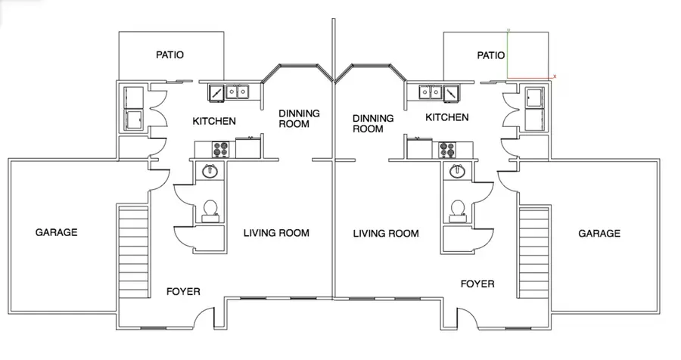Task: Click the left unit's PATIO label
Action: pyautogui.click(x=170, y=54)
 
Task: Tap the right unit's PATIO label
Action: pyautogui.click(x=491, y=55)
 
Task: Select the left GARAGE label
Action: pyautogui.click(x=57, y=233)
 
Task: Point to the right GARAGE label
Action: pyautogui.click(x=599, y=234)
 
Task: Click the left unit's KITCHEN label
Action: pyautogui.click(x=214, y=121)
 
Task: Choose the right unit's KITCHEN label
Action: pyautogui.click(x=446, y=117)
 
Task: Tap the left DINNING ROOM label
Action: pyautogui.click(x=299, y=119)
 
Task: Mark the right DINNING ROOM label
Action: pyautogui.click(x=374, y=123)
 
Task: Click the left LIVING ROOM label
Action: pyautogui.click(x=276, y=233)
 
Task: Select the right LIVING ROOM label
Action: pyautogui.click(x=386, y=234)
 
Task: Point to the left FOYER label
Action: pyautogui.click(x=183, y=291)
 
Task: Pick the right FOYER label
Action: pyautogui.click(x=477, y=284)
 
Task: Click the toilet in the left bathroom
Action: pyautogui.click(x=210, y=208)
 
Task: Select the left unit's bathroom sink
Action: pyautogui.click(x=210, y=172)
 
